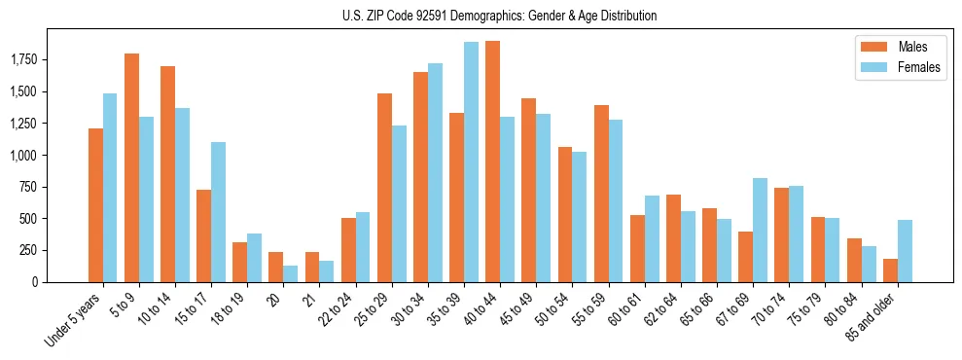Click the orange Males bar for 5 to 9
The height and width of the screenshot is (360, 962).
[131, 167]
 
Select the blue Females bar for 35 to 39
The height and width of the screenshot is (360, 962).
[471, 162]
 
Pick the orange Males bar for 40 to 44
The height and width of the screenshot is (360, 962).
[492, 162]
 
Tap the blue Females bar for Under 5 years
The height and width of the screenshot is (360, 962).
[110, 188]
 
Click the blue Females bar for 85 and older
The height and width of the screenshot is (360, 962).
[905, 251]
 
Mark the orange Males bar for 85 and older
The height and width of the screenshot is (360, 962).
[890, 270]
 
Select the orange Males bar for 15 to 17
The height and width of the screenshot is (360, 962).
[203, 235]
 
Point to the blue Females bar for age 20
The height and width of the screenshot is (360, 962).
[291, 273]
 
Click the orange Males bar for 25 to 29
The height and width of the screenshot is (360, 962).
[384, 188]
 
